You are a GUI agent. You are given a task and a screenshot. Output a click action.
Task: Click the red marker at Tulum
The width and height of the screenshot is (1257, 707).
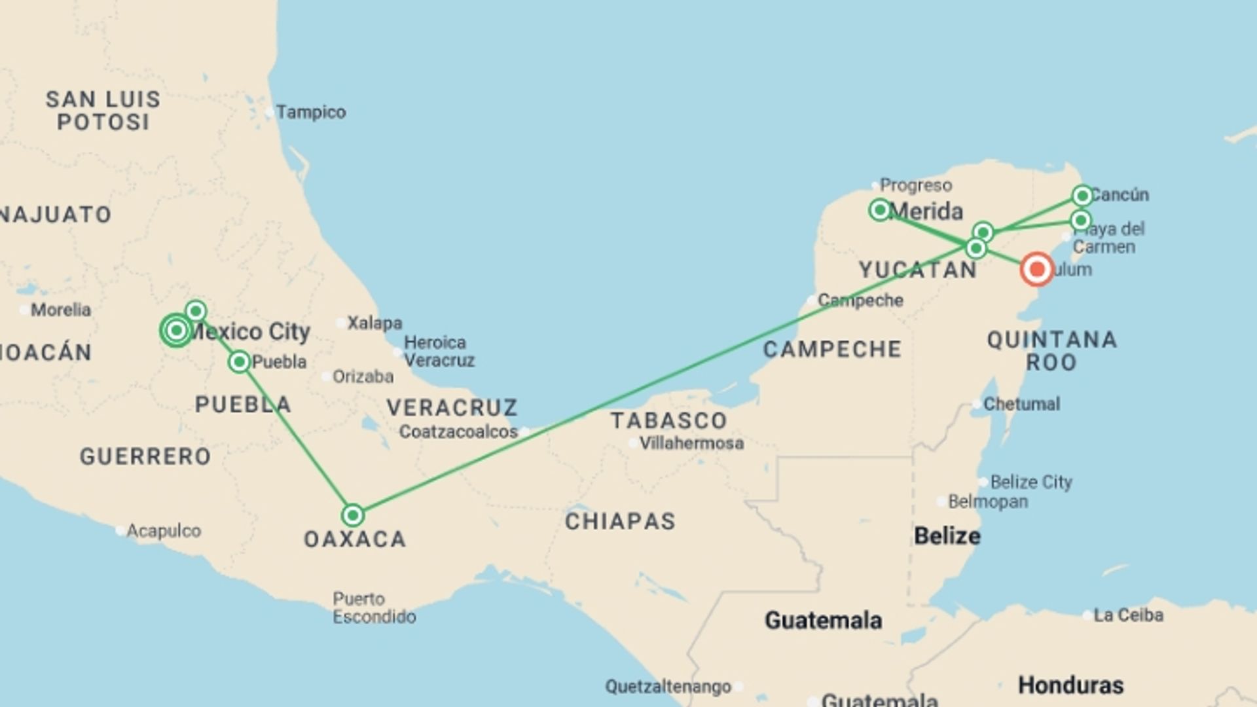coord(1036,269)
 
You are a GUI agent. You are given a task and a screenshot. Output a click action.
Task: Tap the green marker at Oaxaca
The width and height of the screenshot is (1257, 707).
coord(353,515)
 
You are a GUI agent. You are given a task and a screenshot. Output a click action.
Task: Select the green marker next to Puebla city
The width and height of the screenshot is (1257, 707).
coord(240,361)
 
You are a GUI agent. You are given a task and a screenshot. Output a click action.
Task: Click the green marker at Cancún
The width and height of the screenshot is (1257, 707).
coord(1082,195)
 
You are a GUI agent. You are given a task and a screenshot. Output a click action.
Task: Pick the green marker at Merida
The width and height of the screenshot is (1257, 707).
coord(880,209)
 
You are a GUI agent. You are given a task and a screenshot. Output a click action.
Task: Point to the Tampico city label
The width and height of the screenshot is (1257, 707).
coord(310,112)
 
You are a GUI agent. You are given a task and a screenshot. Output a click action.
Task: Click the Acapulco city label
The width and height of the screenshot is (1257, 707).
coord(163,530)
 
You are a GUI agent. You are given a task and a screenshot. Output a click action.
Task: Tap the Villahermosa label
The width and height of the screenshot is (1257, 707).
coord(691,443)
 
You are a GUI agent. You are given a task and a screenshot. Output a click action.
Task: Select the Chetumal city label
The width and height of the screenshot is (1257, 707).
coord(1021,404)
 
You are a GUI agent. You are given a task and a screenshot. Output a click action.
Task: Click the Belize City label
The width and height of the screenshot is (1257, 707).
coord(1030,482)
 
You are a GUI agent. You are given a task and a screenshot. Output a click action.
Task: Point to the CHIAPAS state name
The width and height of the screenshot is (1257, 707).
coord(620,521)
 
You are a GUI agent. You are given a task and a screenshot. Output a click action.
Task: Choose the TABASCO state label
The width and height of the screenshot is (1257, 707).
coord(668,420)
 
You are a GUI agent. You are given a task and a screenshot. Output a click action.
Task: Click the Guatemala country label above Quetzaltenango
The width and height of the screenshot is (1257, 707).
coord(823,620)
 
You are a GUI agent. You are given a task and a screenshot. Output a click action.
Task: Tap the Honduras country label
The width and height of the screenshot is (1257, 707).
coord(1070,685)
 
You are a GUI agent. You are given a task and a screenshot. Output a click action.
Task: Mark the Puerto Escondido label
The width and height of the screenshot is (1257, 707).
coord(374,607)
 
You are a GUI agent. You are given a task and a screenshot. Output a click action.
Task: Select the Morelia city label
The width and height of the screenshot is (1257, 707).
coord(60,310)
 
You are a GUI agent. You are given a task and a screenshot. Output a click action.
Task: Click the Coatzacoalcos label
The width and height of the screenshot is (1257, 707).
coord(458,431)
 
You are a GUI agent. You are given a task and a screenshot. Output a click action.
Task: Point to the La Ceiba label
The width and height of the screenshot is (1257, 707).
coord(1128,615)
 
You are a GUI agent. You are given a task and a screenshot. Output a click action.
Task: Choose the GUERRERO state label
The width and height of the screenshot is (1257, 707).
coord(145,456)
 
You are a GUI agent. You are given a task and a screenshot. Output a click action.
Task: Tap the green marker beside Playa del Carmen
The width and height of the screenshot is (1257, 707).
coord(1081,220)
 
